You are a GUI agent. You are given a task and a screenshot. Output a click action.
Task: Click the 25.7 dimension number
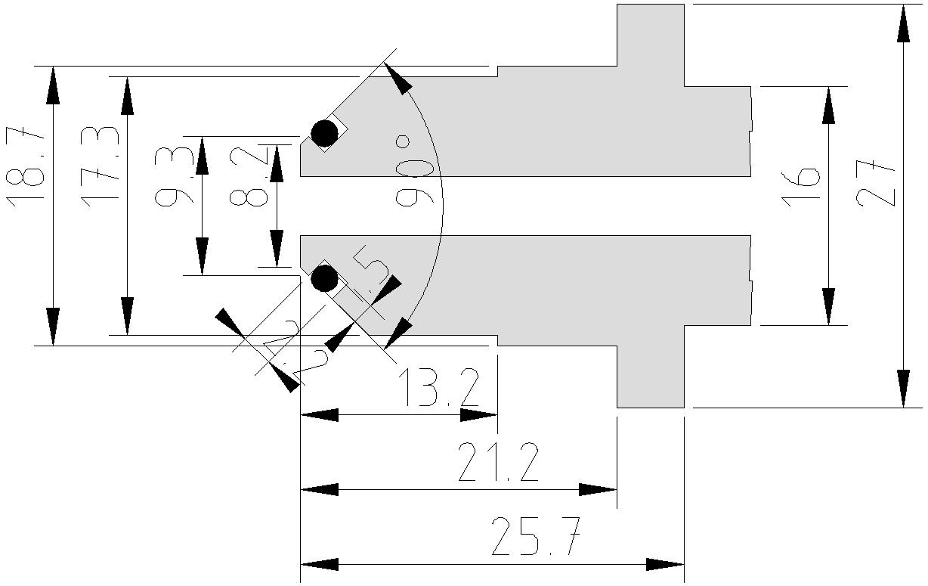537,538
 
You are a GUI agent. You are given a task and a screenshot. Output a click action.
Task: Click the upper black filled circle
325,133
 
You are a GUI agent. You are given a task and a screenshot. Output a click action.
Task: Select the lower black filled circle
325,279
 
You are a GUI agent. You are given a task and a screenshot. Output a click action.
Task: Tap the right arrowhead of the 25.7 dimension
665,564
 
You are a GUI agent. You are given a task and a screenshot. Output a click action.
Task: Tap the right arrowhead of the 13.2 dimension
478,414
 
